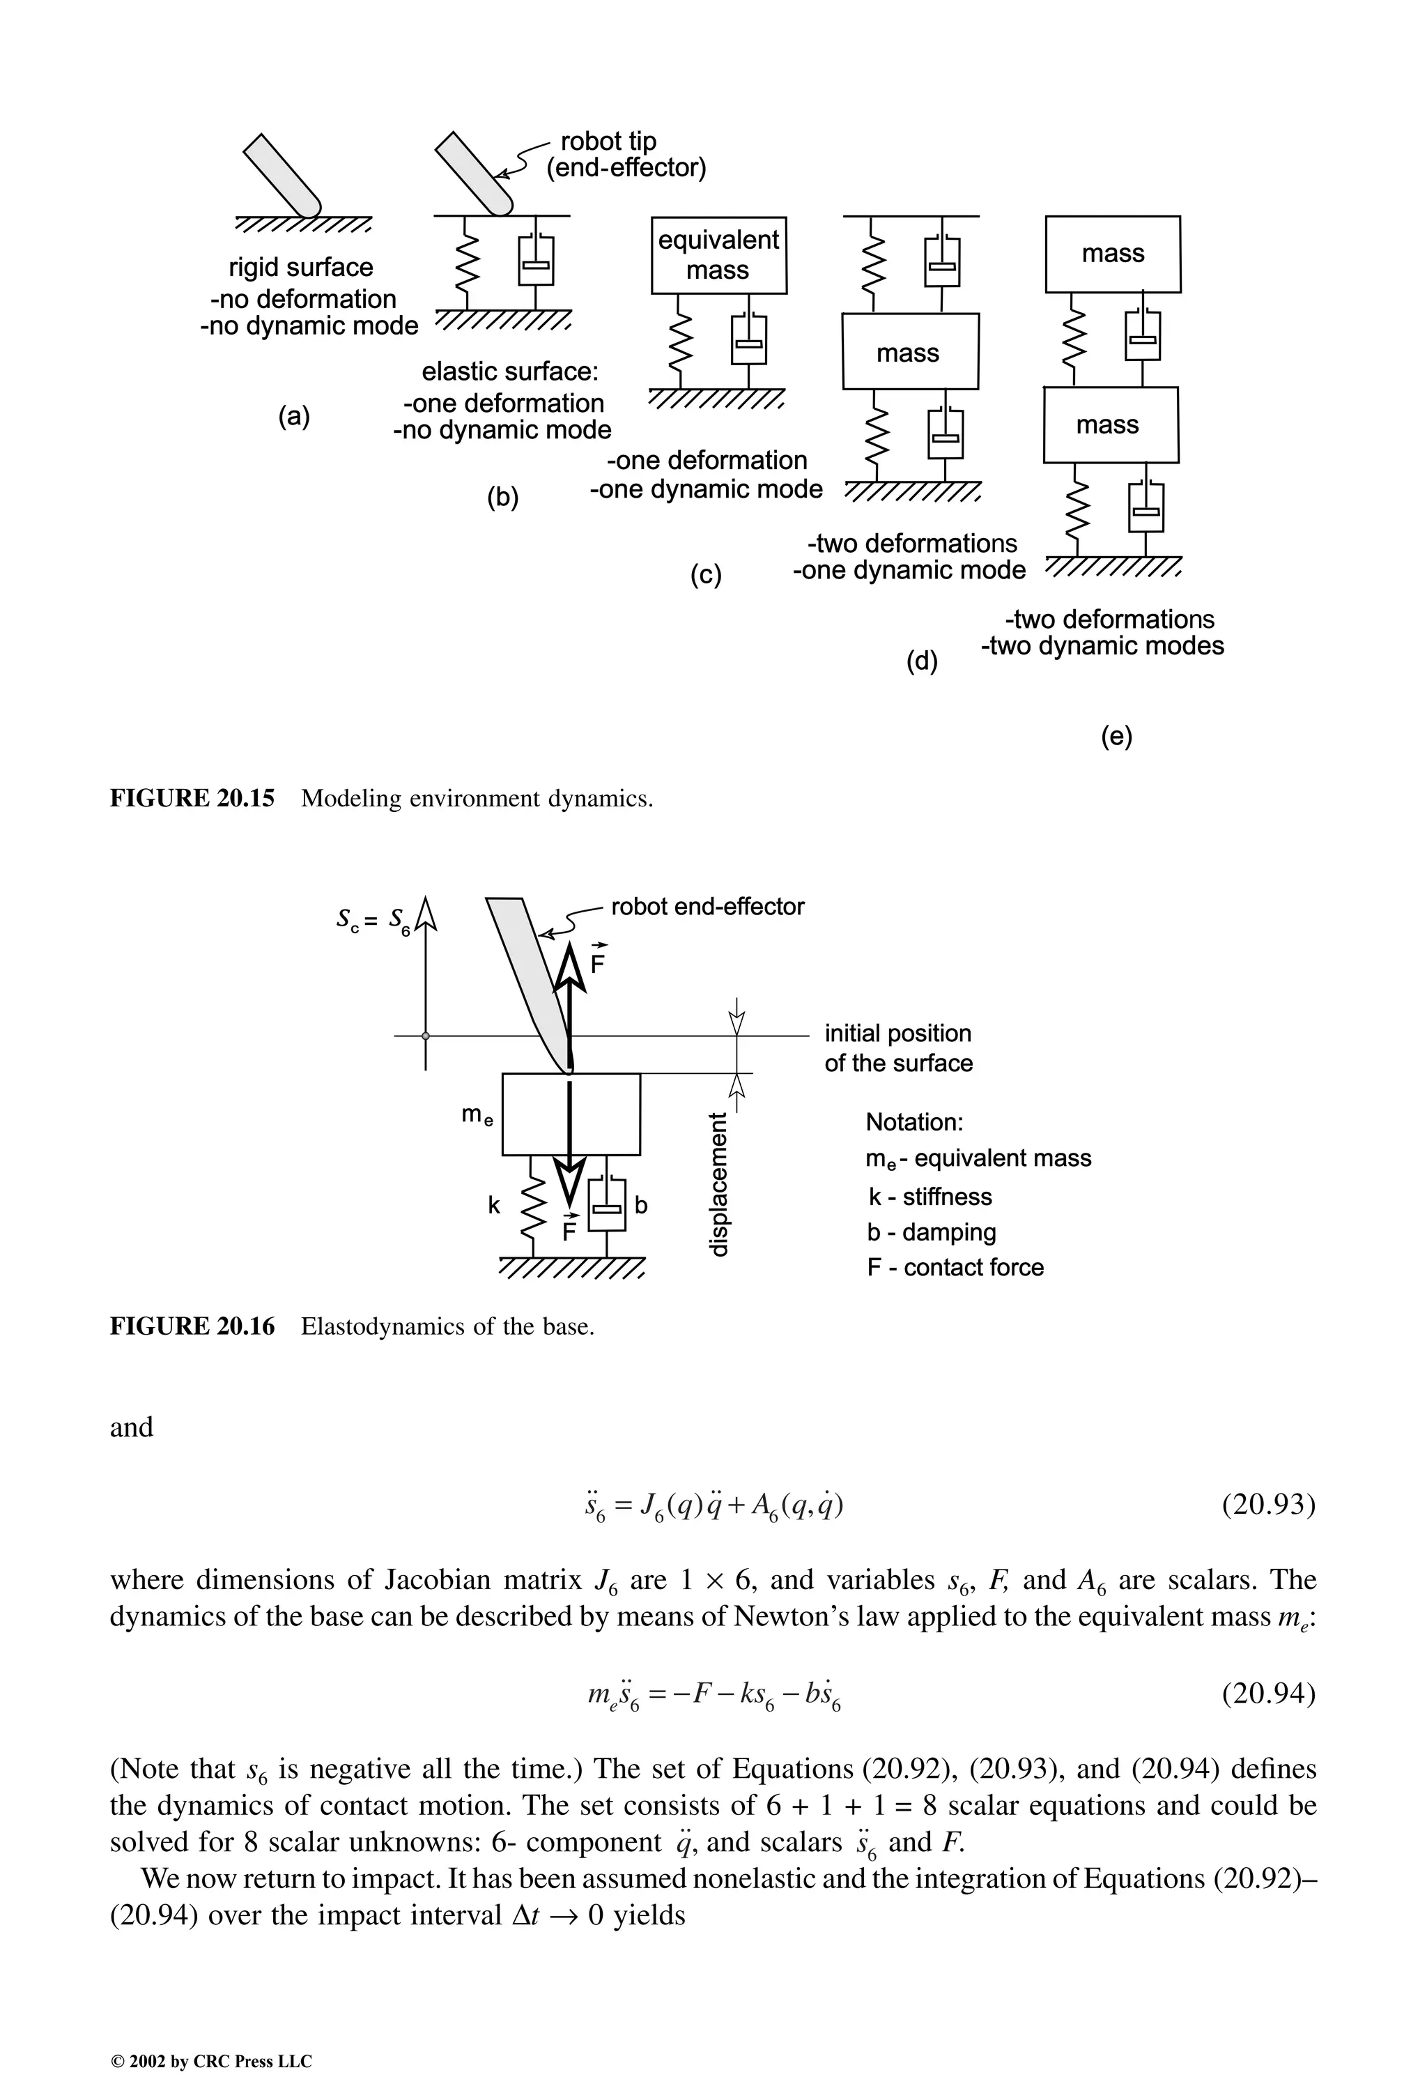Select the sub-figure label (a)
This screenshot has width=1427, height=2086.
pos(294,417)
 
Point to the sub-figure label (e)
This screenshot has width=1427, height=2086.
pos(1116,736)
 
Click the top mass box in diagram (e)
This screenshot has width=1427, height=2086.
pos(1113,254)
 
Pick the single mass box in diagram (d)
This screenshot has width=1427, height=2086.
pos(909,352)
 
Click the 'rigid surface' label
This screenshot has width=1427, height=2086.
pos(300,268)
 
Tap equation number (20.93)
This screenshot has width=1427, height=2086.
pos(1268,1503)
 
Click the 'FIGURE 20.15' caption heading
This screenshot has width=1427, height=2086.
pos(192,798)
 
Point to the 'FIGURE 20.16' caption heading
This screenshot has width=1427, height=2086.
pos(192,1326)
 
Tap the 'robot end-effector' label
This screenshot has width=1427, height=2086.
pos(707,907)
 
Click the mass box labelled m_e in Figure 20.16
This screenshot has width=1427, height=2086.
pos(571,1114)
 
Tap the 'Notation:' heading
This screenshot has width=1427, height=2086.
pos(913,1122)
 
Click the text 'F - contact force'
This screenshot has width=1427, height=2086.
pos(955,1267)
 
